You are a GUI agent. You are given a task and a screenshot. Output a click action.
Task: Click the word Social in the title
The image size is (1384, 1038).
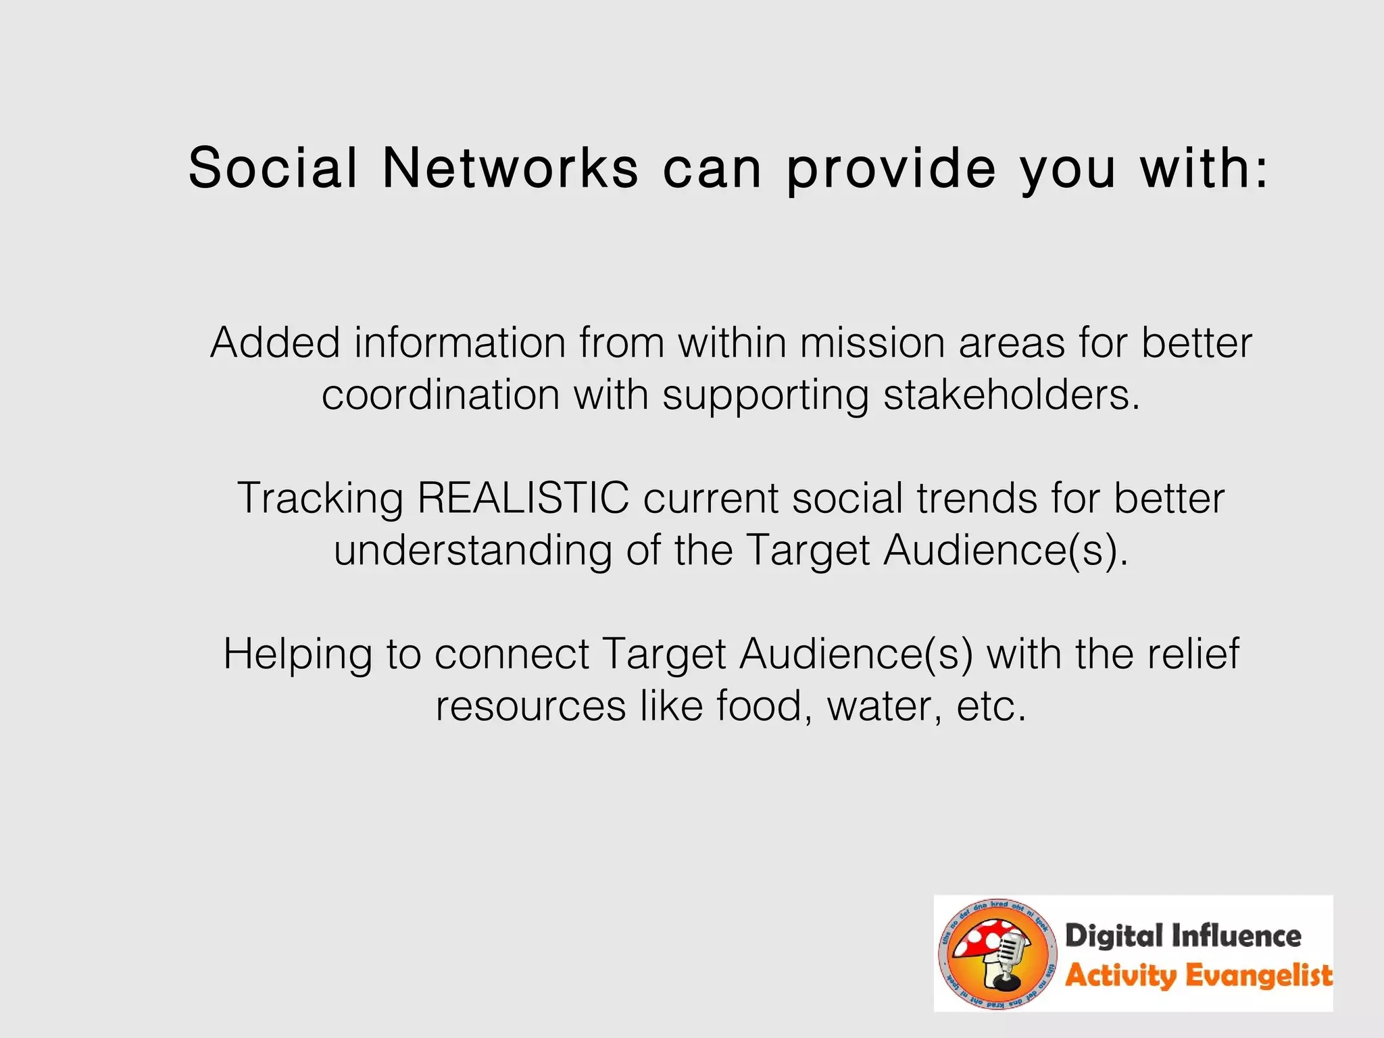(x=273, y=168)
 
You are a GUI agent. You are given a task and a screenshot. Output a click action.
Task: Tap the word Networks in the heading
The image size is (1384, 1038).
(x=510, y=168)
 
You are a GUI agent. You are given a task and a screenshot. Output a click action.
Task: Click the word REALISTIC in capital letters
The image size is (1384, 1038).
(x=523, y=498)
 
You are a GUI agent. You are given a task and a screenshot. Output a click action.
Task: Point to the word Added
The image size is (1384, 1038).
(x=275, y=343)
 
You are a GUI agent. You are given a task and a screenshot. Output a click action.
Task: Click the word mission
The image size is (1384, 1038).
(x=872, y=343)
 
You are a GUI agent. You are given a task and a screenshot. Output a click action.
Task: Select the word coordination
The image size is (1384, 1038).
(x=441, y=395)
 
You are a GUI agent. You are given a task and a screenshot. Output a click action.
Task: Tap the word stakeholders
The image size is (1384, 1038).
(x=1011, y=395)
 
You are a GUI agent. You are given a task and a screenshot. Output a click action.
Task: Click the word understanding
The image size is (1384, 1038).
(x=472, y=551)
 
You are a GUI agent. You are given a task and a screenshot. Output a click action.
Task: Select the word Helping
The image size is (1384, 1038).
(x=297, y=655)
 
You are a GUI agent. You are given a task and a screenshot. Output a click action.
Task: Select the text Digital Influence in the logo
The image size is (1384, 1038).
(x=1183, y=937)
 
